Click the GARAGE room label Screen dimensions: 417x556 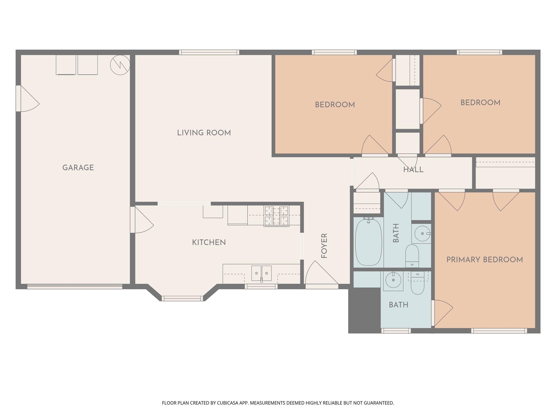[78, 168]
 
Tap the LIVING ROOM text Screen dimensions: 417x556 [204, 133]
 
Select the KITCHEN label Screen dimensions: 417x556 [209, 242]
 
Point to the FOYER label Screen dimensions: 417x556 [324, 246]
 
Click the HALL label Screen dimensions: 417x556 [413, 170]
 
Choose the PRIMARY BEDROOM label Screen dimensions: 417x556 [485, 260]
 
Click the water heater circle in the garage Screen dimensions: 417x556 [120, 65]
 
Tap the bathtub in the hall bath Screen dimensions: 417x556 [368, 242]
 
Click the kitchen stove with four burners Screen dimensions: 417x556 [276, 216]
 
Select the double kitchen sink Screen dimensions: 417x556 [261, 273]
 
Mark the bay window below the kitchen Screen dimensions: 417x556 [182, 298]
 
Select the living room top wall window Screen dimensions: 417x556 [209, 52]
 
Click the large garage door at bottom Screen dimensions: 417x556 [75, 286]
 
